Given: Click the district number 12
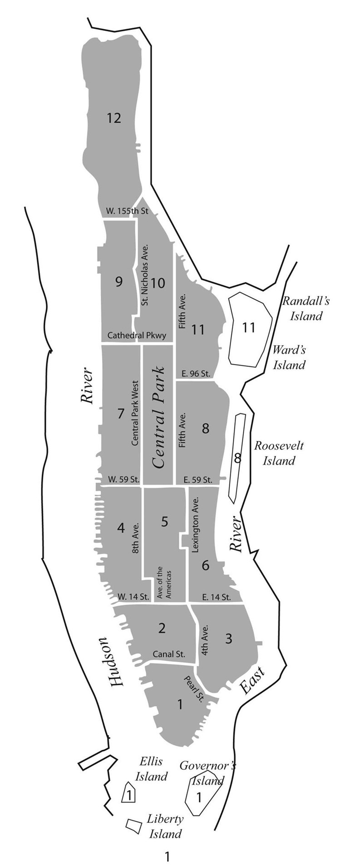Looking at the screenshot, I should (114, 119).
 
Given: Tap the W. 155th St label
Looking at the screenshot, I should (127, 211).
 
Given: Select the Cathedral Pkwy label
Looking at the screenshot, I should (137, 336).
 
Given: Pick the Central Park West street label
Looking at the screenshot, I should (135, 412).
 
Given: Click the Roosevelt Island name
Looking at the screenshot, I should (279, 453).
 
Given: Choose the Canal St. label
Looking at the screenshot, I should (169, 654).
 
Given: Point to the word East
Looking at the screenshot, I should (251, 680).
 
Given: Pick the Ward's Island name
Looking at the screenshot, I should (289, 357).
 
